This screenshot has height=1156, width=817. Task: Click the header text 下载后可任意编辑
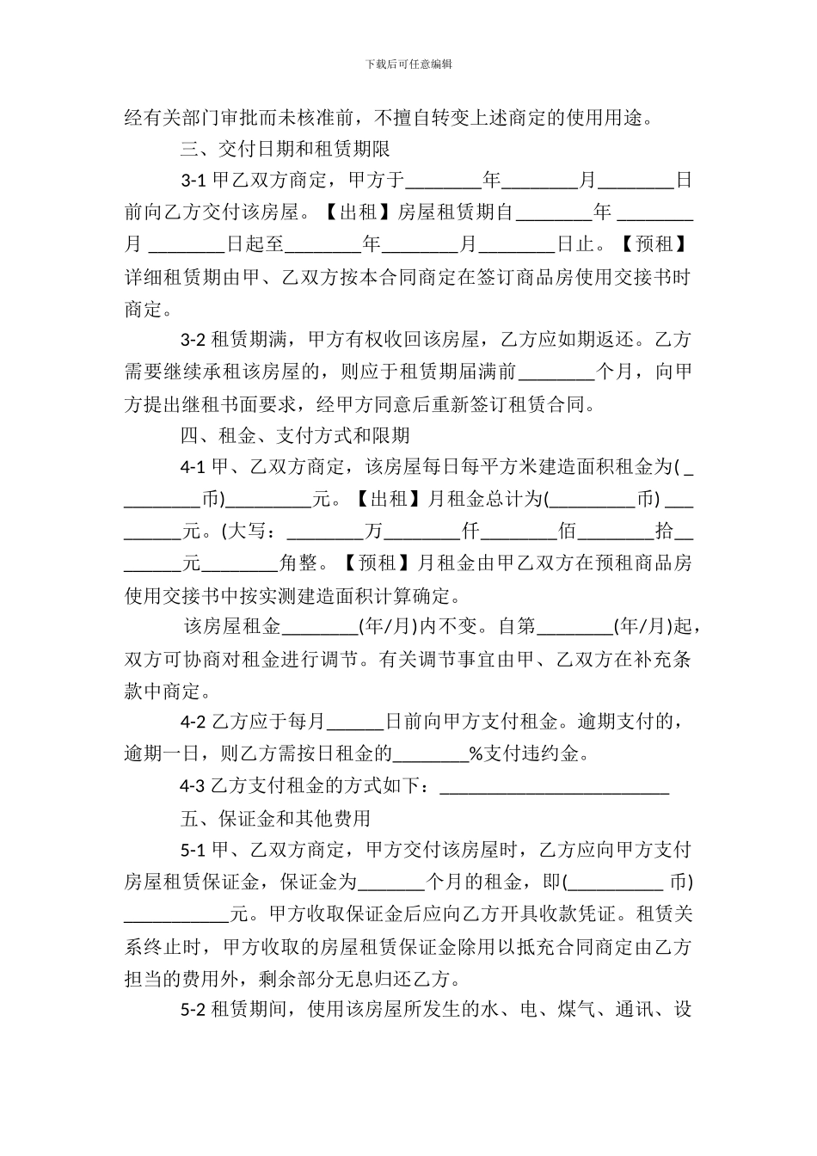408,64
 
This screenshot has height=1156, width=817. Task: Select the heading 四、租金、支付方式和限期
294,435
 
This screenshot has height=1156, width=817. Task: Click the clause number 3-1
193,181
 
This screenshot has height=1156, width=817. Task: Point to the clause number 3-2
193,340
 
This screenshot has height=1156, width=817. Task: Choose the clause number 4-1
193,467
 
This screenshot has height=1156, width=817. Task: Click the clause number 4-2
193,722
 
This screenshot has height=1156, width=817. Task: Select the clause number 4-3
193,785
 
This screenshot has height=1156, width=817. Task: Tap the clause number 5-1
193,850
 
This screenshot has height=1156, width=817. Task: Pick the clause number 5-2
193,1009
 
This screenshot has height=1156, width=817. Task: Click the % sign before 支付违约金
476,754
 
